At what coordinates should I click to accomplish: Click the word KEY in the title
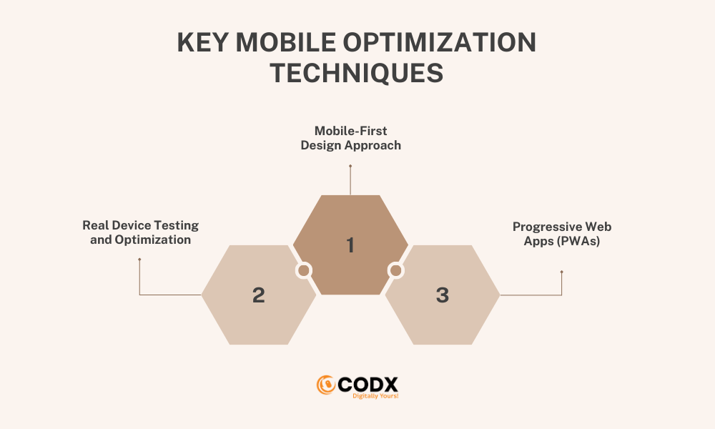pos(202,42)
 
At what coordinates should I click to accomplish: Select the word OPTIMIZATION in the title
pos(440,42)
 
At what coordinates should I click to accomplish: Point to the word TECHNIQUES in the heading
pos(357,73)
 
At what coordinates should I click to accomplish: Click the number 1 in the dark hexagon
pos(350,245)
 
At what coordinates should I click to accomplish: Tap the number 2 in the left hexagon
pos(259,295)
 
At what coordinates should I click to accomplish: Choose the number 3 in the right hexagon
pos(443,295)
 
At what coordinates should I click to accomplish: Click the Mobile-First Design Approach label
pos(350,138)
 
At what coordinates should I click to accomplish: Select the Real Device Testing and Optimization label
pos(140,232)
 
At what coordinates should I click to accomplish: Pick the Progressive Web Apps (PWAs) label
pos(562,234)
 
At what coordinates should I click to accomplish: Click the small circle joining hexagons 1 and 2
pos(304,270)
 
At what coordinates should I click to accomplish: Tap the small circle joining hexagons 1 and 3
pos(396,270)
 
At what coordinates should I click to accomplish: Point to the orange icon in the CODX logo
pos(325,385)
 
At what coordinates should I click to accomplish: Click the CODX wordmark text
pos(368,385)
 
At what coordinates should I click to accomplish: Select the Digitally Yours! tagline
pos(375,396)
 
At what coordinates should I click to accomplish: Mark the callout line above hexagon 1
pos(350,179)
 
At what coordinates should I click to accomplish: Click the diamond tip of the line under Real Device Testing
pos(139,260)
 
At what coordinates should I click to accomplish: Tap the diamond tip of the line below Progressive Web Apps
pos(562,272)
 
